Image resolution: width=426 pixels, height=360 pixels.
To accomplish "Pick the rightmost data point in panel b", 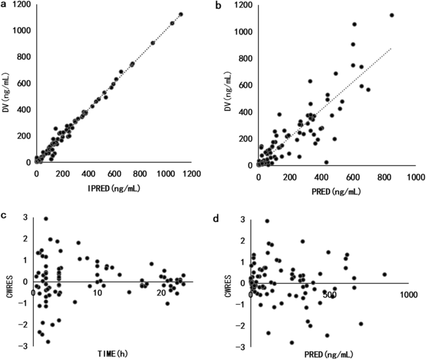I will click(392, 15).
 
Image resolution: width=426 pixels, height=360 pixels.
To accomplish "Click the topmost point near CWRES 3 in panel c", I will click(46, 219).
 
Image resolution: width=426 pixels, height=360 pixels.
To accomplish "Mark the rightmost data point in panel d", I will click(384, 274).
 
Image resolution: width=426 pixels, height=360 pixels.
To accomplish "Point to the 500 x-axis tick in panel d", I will click(329, 292).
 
